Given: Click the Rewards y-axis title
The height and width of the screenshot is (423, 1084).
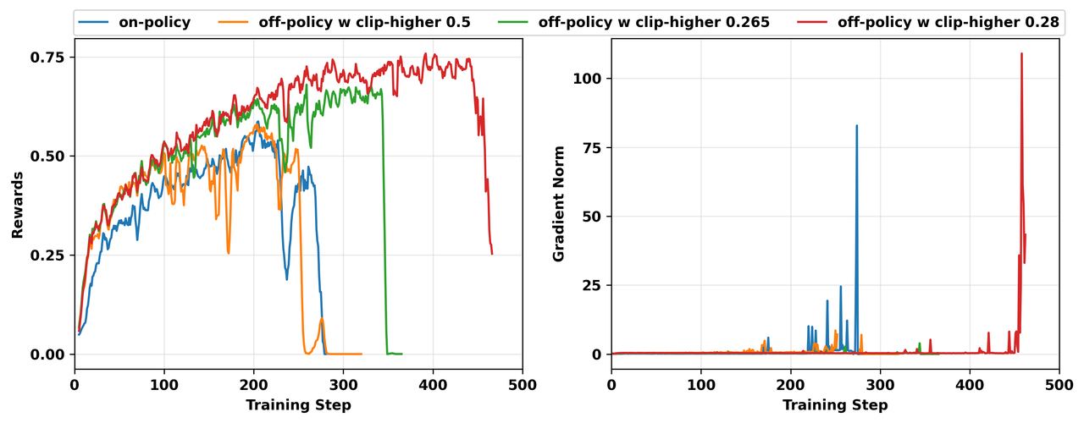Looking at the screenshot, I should pyautogui.click(x=17, y=205).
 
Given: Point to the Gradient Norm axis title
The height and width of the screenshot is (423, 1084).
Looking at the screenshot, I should pyautogui.click(x=559, y=205).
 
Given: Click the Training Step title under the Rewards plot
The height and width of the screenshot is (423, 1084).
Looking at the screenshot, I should pyautogui.click(x=298, y=405).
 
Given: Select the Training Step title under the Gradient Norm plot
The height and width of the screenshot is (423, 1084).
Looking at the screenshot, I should pyautogui.click(x=835, y=405).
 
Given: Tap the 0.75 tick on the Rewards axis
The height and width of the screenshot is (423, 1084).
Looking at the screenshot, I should pyautogui.click(x=49, y=57).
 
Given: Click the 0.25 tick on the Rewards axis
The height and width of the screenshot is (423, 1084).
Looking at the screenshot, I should pyautogui.click(x=49, y=255).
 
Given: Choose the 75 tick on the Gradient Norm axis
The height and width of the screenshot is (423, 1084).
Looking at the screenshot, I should pyautogui.click(x=593, y=147).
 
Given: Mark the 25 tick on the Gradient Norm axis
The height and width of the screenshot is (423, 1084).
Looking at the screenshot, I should pyautogui.click(x=593, y=285).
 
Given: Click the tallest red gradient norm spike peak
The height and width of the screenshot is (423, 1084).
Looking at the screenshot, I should pyautogui.click(x=1021, y=53).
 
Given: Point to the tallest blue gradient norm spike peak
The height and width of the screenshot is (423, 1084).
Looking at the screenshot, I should pyautogui.click(x=856, y=125).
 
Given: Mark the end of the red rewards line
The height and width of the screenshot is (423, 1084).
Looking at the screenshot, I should pyautogui.click(x=492, y=253).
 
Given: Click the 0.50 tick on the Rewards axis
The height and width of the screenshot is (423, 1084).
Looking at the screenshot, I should pyautogui.click(x=49, y=157).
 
